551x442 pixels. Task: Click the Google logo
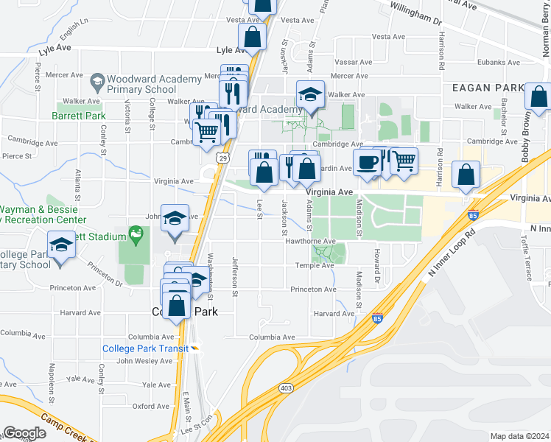pyautogui.click(x=24, y=433)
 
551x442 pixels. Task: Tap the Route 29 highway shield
pyautogui.click(x=222, y=158)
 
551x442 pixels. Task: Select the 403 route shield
pyautogui.click(x=286, y=387)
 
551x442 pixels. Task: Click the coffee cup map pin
pyautogui.click(x=366, y=162)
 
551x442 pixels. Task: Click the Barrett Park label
pyautogui.click(x=79, y=116)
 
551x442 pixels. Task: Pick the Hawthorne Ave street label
pyautogui.click(x=315, y=241)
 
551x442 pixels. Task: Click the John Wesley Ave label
pyautogui.click(x=144, y=361)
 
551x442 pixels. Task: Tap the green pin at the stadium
pyautogui.click(x=136, y=235)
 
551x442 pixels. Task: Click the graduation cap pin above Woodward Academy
pyautogui.click(x=311, y=95)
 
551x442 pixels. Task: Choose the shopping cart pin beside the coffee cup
pyautogui.click(x=403, y=161)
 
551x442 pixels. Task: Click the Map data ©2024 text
pyautogui.click(x=519, y=436)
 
